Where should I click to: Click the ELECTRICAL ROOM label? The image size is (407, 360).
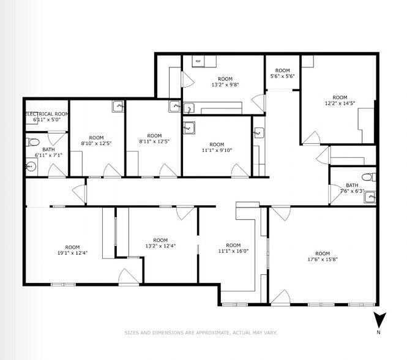47,114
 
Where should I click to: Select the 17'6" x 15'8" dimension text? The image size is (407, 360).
322,259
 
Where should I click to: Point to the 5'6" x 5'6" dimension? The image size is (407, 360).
282,76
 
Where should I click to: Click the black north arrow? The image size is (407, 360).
379,320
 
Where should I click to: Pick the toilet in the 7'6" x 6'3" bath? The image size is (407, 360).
367,178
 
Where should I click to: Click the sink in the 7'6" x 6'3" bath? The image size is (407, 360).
370,197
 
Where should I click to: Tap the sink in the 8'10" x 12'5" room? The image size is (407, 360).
118,107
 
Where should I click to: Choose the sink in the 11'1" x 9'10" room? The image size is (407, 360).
189,128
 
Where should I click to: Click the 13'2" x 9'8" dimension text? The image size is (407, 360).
225,84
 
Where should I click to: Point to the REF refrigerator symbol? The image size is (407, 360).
198,61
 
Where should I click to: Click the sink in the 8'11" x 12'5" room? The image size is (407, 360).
174,106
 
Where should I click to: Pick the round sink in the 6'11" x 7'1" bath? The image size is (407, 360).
31,165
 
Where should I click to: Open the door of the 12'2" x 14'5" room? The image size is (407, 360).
313,138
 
